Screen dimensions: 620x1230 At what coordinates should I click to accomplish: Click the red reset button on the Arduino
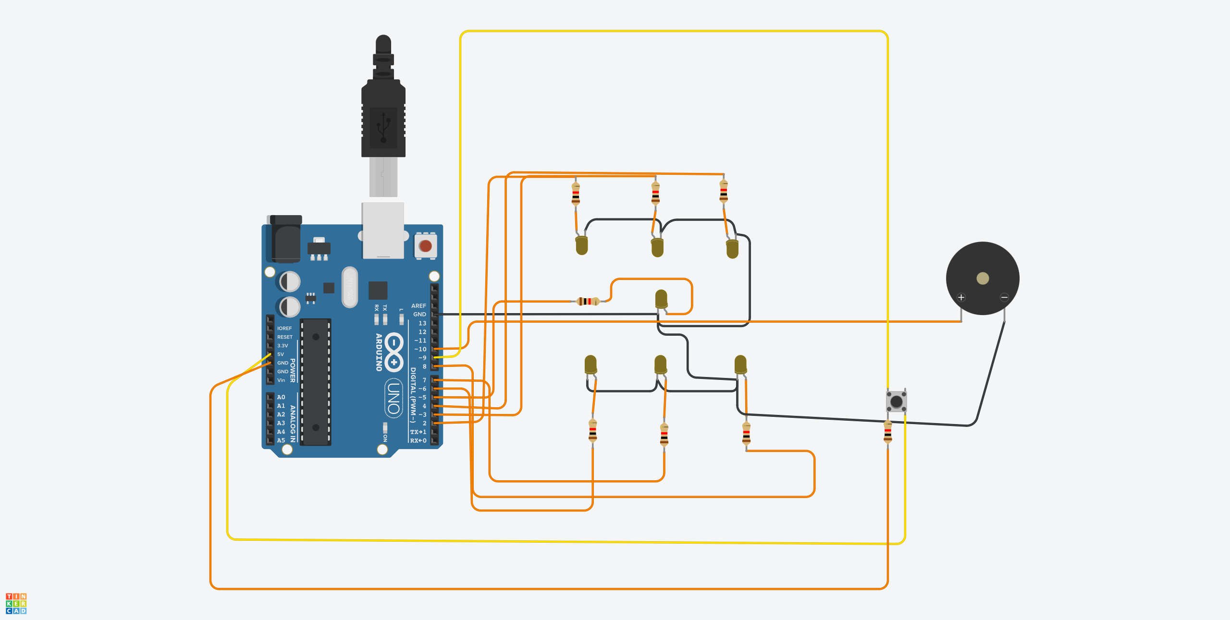point(425,246)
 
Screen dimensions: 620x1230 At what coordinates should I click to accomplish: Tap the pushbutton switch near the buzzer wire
point(896,401)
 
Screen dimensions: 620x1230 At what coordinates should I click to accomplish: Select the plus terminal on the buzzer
point(961,297)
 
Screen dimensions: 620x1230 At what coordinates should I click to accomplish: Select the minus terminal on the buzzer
point(1004,297)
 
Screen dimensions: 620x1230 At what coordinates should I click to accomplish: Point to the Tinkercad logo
point(16,604)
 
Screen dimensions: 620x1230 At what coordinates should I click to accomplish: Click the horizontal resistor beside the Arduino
point(588,301)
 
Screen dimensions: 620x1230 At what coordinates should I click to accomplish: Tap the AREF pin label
point(418,306)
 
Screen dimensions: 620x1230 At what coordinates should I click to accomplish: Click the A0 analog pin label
point(281,397)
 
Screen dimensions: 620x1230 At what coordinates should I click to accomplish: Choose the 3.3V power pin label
point(283,346)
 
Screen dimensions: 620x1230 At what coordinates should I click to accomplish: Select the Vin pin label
point(281,380)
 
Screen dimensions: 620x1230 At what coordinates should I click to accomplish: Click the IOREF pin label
point(284,328)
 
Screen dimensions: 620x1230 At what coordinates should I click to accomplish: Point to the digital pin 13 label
point(422,323)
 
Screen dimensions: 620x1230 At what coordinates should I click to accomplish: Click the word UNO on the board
point(394,398)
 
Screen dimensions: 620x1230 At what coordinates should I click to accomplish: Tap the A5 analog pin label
point(281,440)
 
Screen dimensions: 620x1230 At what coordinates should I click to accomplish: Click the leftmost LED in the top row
point(581,245)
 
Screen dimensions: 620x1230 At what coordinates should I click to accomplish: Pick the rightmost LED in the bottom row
point(740,364)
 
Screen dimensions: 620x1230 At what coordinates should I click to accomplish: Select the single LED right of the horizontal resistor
point(661,298)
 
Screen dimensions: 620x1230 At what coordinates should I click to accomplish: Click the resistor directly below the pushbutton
point(887,431)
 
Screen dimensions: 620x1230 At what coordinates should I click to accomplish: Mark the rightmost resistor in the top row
point(724,191)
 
